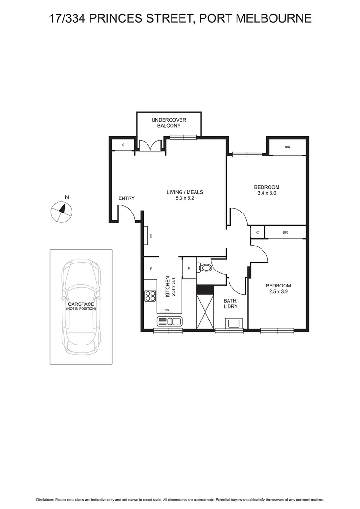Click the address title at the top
[x=180, y=18]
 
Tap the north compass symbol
[x=62, y=211]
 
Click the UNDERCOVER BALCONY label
[x=168, y=123]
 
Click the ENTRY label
[x=126, y=198]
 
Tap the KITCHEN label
[x=167, y=287]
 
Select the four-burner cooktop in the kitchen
[x=150, y=296]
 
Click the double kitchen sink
[x=170, y=321]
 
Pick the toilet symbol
[x=205, y=268]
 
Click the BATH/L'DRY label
[x=230, y=304]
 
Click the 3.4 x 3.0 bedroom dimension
[x=268, y=193]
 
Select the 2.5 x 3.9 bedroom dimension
[x=278, y=292]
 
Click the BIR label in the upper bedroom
[x=287, y=148]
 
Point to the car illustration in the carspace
[x=81, y=304]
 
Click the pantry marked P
[x=189, y=268]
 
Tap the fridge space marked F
[x=151, y=269]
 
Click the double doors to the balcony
[x=151, y=146]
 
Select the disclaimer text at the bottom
[x=180, y=499]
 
